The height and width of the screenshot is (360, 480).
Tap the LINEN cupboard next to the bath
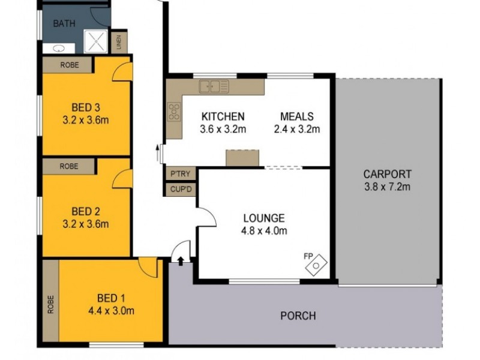(x=119, y=42)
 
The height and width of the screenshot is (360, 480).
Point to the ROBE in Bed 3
(x=67, y=64)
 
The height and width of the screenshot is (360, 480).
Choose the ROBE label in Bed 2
(x=68, y=166)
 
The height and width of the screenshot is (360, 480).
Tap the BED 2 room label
(x=85, y=211)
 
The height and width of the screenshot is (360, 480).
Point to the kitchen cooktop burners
(x=174, y=112)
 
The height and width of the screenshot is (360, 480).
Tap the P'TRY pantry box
(x=180, y=173)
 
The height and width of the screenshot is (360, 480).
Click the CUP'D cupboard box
(x=180, y=190)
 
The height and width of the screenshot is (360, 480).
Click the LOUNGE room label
(x=264, y=218)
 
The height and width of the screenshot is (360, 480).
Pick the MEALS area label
(x=296, y=116)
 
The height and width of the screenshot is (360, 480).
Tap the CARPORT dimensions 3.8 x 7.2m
(x=388, y=186)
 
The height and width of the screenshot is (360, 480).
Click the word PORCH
(x=298, y=316)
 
